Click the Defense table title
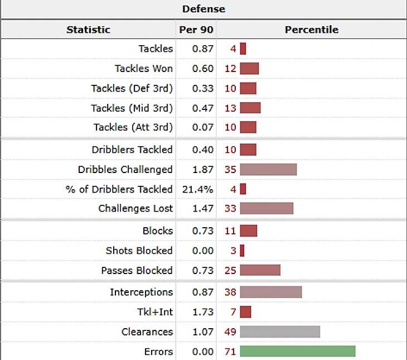(203, 9)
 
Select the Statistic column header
(88, 30)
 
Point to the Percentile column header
(311, 30)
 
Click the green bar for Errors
(297, 351)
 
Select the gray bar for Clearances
(280, 332)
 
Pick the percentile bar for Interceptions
(271, 292)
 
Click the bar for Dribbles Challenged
(268, 169)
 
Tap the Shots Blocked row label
(139, 251)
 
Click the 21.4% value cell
(198, 189)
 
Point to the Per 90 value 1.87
(203, 169)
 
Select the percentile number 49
(230, 332)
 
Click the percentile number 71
(230, 351)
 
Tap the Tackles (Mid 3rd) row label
(132, 108)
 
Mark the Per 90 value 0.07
(203, 127)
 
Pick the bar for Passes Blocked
(260, 270)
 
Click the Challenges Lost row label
(135, 208)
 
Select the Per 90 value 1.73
(203, 311)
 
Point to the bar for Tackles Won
(249, 69)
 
